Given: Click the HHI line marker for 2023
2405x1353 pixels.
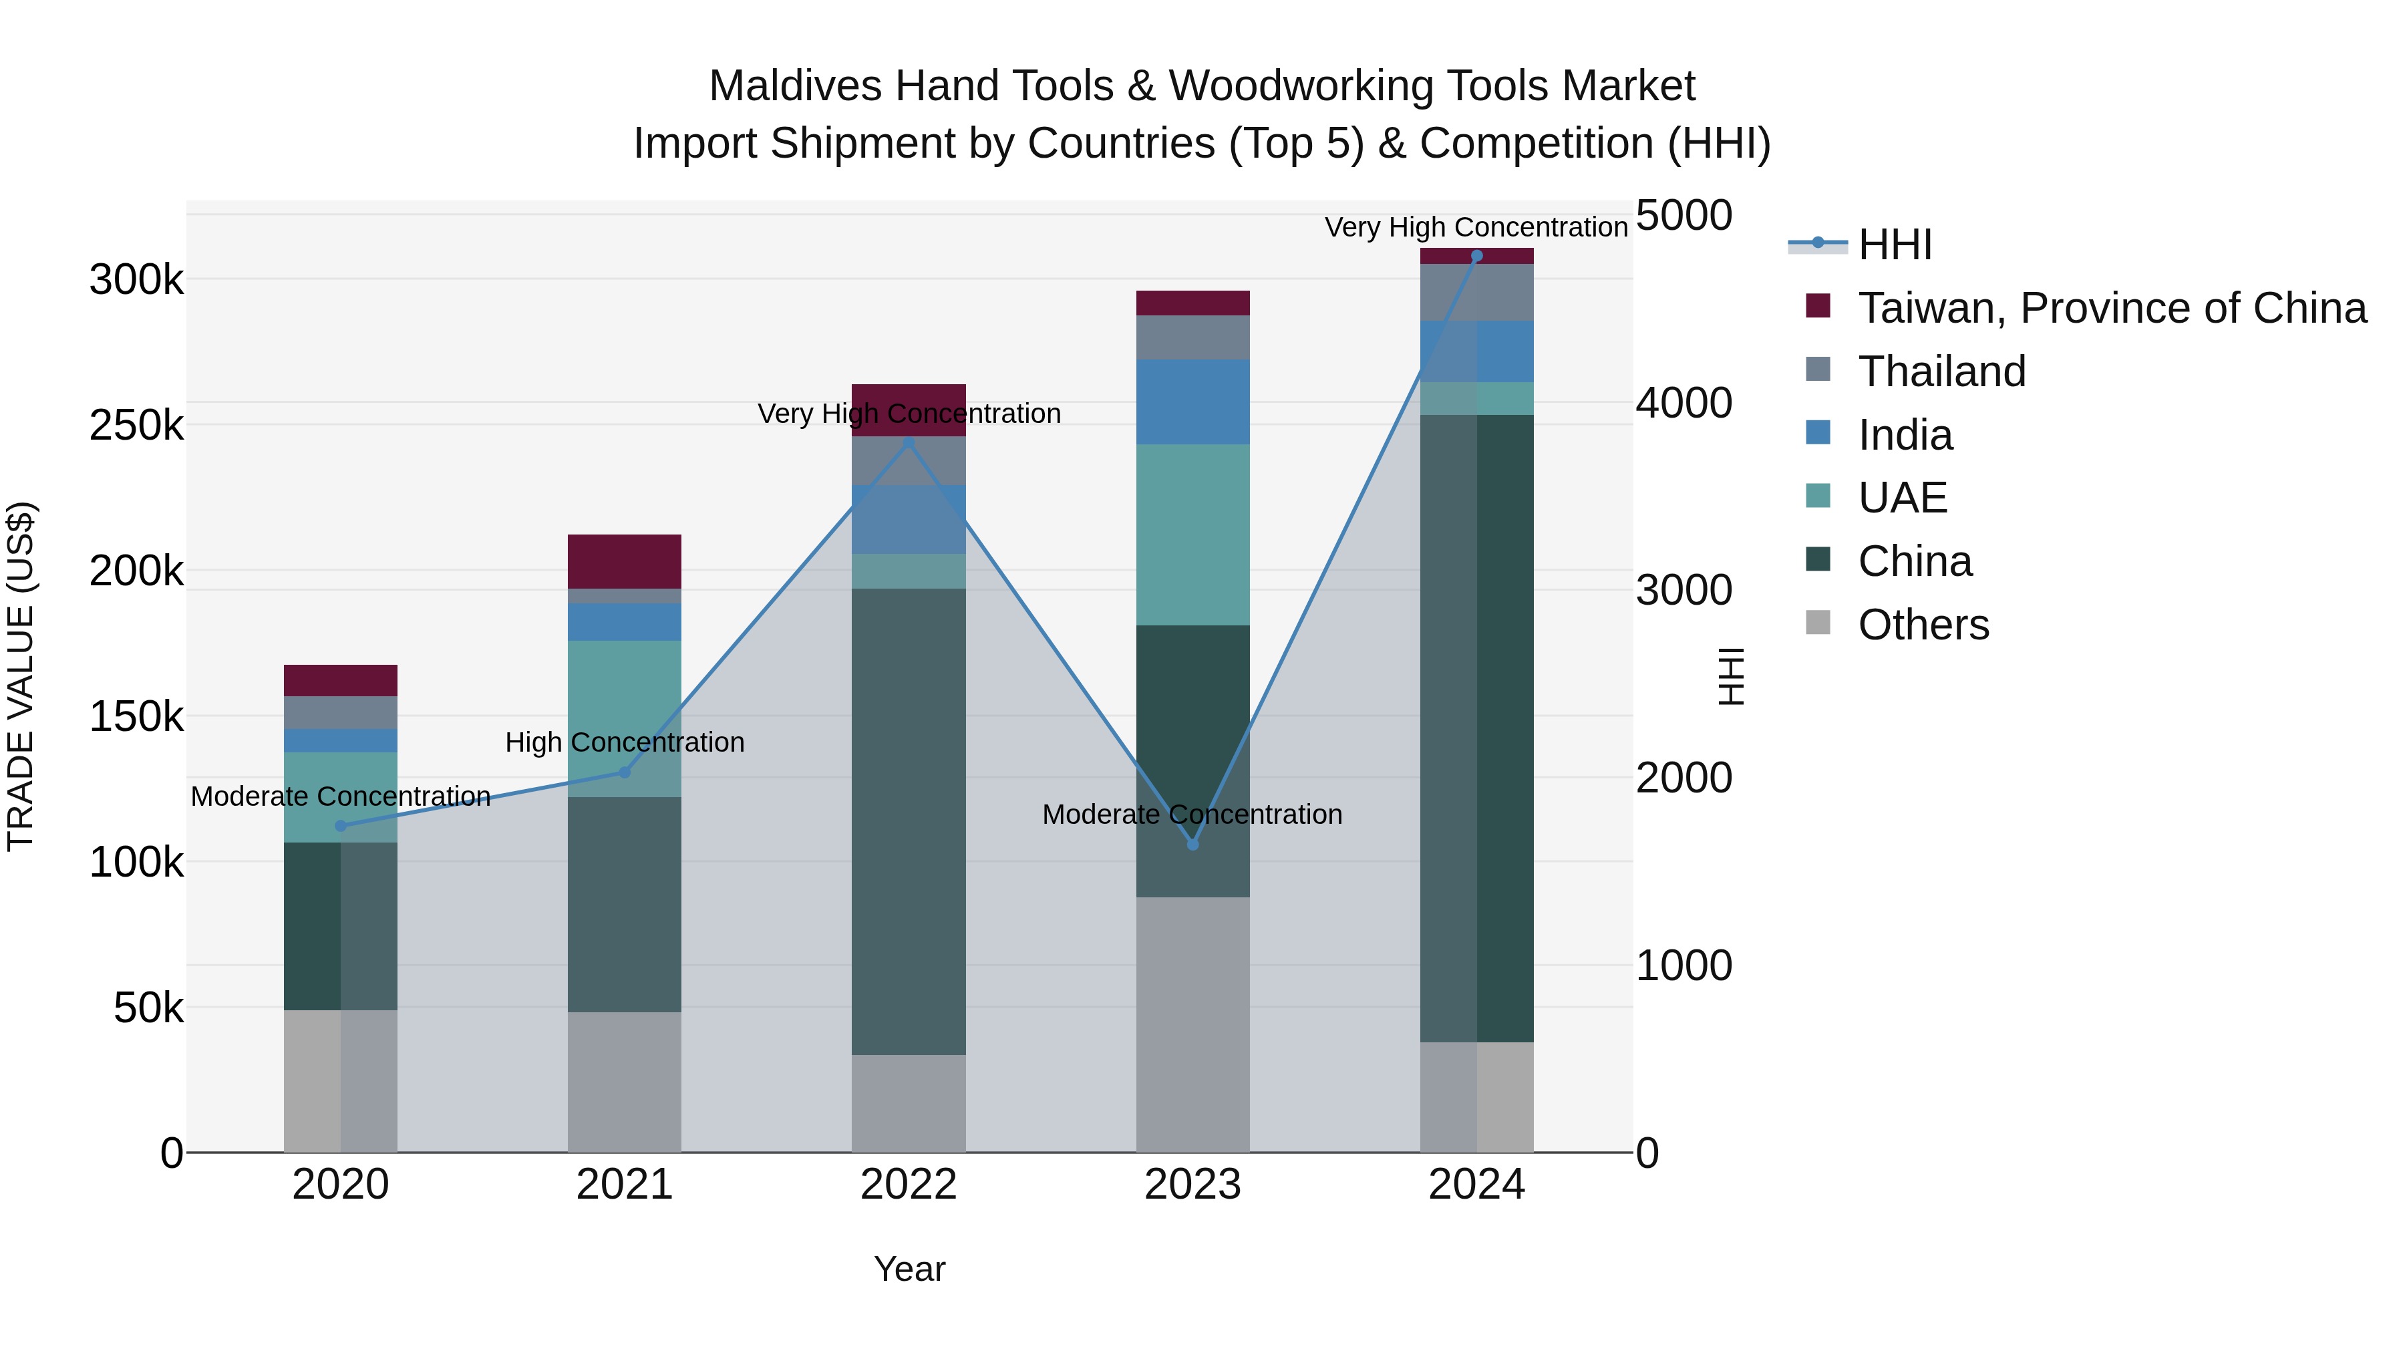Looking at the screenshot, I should click(x=1192, y=844).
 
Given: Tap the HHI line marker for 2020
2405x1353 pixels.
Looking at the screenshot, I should click(x=341, y=825).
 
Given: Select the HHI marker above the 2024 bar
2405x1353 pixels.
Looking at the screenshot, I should click(x=1476, y=256).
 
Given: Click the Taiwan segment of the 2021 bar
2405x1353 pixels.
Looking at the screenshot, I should click(x=625, y=561).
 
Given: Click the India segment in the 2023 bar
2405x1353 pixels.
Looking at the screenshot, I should click(x=1192, y=402).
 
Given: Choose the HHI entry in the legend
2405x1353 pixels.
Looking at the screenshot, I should click(x=1895, y=245).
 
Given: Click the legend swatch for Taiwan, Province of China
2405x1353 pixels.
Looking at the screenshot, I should click(x=1818, y=306).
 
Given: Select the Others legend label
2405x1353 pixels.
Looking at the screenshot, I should click(x=1923, y=625).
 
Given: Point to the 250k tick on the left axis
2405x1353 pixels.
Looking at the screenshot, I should click(x=136, y=426).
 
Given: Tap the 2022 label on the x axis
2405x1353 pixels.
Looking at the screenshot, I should click(x=909, y=1184).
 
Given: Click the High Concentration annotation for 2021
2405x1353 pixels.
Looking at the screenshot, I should click(x=625, y=742).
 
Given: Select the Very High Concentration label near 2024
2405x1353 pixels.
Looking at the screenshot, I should click(x=1475, y=227).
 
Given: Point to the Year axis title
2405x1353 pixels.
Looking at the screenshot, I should click(x=909, y=1269).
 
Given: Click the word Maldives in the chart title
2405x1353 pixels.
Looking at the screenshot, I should click(x=794, y=86).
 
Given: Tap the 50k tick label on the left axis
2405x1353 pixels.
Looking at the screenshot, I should click(x=148, y=1008).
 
